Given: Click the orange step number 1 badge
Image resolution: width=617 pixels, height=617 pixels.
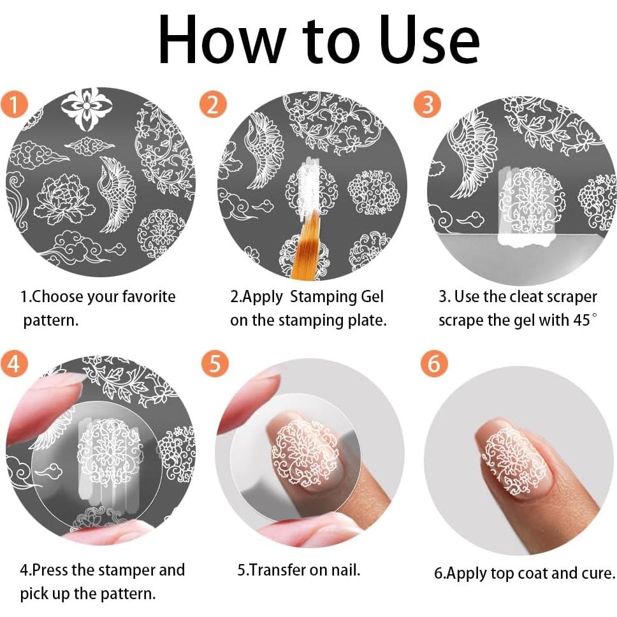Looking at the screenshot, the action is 15,105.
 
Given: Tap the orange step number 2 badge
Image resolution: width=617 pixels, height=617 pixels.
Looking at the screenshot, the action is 213,105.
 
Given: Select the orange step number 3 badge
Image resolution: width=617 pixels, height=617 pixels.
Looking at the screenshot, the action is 427,105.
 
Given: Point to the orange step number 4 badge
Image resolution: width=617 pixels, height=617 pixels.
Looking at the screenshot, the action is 15,363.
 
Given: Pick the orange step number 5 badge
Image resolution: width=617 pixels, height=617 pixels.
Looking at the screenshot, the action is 215,363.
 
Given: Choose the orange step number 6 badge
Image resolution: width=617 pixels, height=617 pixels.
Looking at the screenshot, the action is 434,363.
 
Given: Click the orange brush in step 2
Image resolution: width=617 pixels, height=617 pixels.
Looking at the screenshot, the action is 305,244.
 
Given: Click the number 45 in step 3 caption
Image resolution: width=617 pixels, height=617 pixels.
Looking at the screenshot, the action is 581,321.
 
